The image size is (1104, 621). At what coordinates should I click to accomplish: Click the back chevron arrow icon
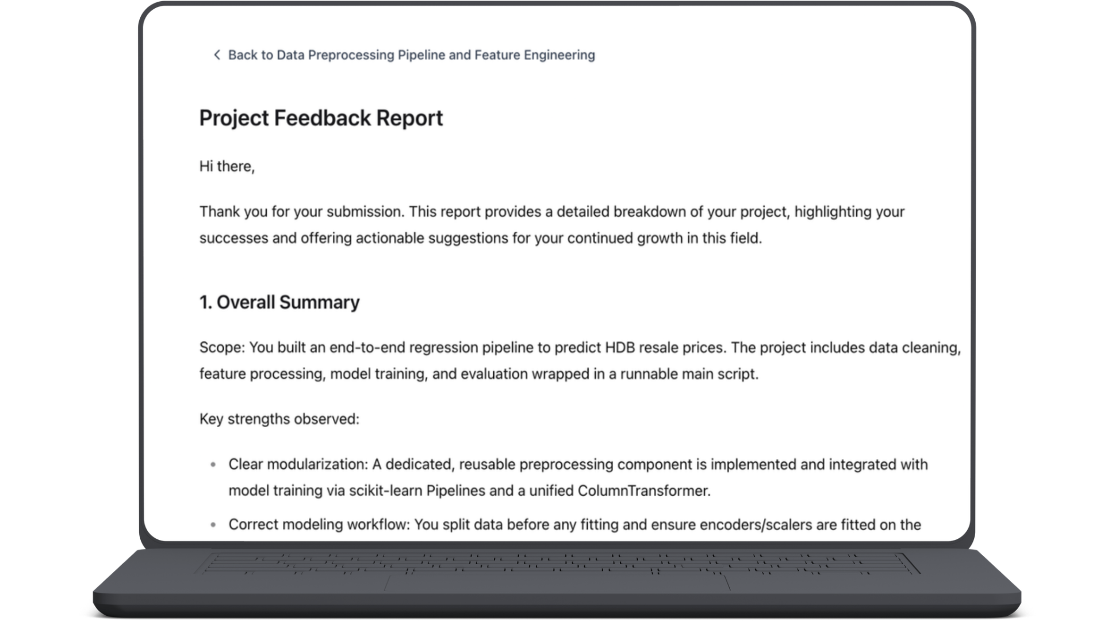point(217,55)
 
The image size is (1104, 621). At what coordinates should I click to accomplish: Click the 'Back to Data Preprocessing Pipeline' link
point(411,55)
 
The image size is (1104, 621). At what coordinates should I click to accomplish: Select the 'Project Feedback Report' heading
point(321,118)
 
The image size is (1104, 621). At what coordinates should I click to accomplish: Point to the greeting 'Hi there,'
point(227,166)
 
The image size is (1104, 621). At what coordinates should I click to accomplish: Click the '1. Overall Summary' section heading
point(279,302)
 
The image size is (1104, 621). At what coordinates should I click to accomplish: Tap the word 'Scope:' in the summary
point(222,347)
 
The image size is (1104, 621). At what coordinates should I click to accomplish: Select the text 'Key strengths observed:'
point(279,419)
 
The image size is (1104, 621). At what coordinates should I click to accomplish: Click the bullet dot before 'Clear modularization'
point(213,465)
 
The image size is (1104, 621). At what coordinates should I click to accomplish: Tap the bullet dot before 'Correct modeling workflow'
point(213,524)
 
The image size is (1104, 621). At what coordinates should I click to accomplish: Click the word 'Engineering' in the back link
point(559,55)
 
